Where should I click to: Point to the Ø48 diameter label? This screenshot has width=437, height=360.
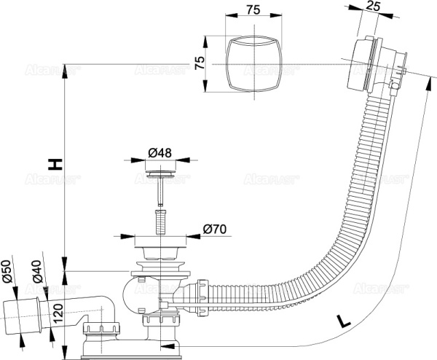(159, 152)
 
